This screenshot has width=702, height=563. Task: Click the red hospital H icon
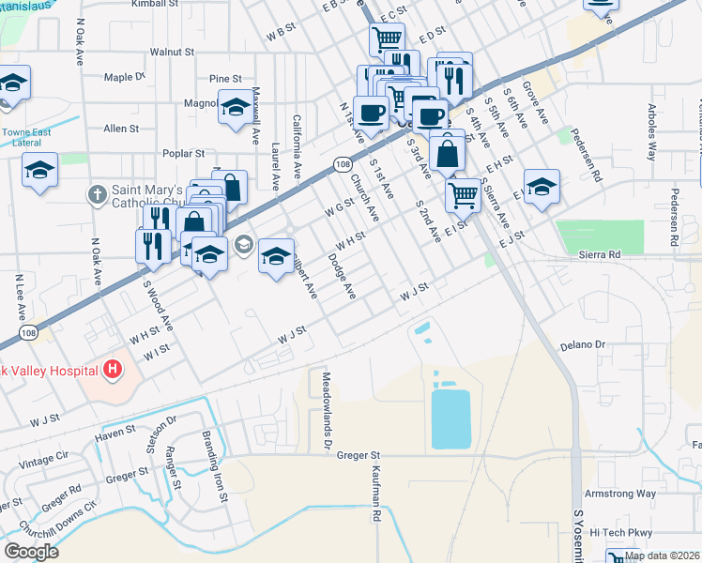[114, 370]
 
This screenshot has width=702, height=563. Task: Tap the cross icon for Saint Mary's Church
[95, 195]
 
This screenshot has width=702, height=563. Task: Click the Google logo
[31, 552]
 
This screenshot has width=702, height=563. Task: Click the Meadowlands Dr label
[328, 407]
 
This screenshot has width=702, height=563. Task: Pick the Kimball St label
[155, 5]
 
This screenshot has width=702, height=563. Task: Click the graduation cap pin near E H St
[541, 187]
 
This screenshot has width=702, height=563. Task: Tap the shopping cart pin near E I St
[463, 195]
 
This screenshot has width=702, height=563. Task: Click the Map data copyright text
[662, 555]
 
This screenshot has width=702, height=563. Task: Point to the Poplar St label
[183, 153]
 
